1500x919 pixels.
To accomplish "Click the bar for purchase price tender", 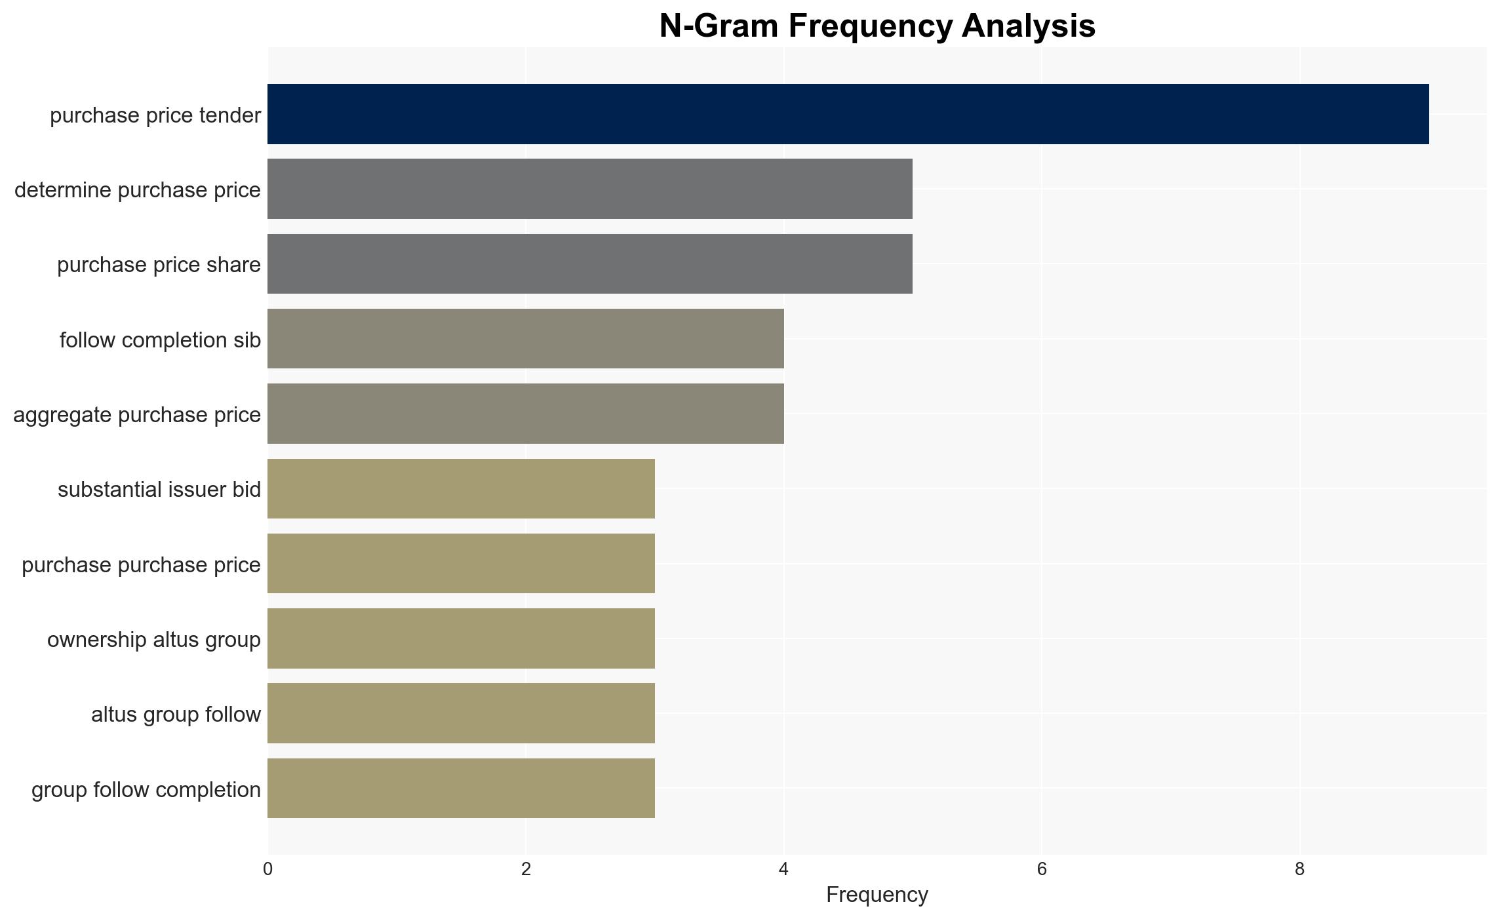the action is pyautogui.click(x=848, y=114).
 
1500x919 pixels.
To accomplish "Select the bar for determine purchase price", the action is pyautogui.click(x=590, y=189).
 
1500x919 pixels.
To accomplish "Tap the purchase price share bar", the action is pyautogui.click(x=590, y=264).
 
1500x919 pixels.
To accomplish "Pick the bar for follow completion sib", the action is pyautogui.click(x=526, y=339).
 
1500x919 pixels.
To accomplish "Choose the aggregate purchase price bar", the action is pyautogui.click(x=526, y=414).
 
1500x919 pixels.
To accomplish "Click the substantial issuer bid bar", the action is pyautogui.click(x=461, y=488).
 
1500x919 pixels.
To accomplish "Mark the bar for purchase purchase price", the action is pyautogui.click(x=461, y=564).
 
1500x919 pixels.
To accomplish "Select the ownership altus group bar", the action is pyautogui.click(x=461, y=638).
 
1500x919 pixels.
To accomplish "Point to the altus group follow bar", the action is pyautogui.click(x=461, y=713).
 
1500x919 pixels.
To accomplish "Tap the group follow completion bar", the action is pyautogui.click(x=461, y=789).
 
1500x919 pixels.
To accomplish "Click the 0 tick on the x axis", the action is pyautogui.click(x=267, y=869).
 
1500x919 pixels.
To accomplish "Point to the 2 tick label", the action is pyautogui.click(x=526, y=869).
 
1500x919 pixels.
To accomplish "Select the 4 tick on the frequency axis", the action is pyautogui.click(x=783, y=869).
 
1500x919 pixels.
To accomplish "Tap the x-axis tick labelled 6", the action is pyautogui.click(x=1042, y=869).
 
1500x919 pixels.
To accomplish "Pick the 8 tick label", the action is pyautogui.click(x=1299, y=869).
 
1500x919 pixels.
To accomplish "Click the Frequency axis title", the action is pyautogui.click(x=877, y=895).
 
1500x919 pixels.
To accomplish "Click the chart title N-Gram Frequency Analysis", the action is pyautogui.click(x=877, y=26).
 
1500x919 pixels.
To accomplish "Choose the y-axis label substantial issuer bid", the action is pyautogui.click(x=159, y=490).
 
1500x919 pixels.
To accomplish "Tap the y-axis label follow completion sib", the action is pyautogui.click(x=160, y=340).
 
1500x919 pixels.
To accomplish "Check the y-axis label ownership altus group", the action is pyautogui.click(x=154, y=640).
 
